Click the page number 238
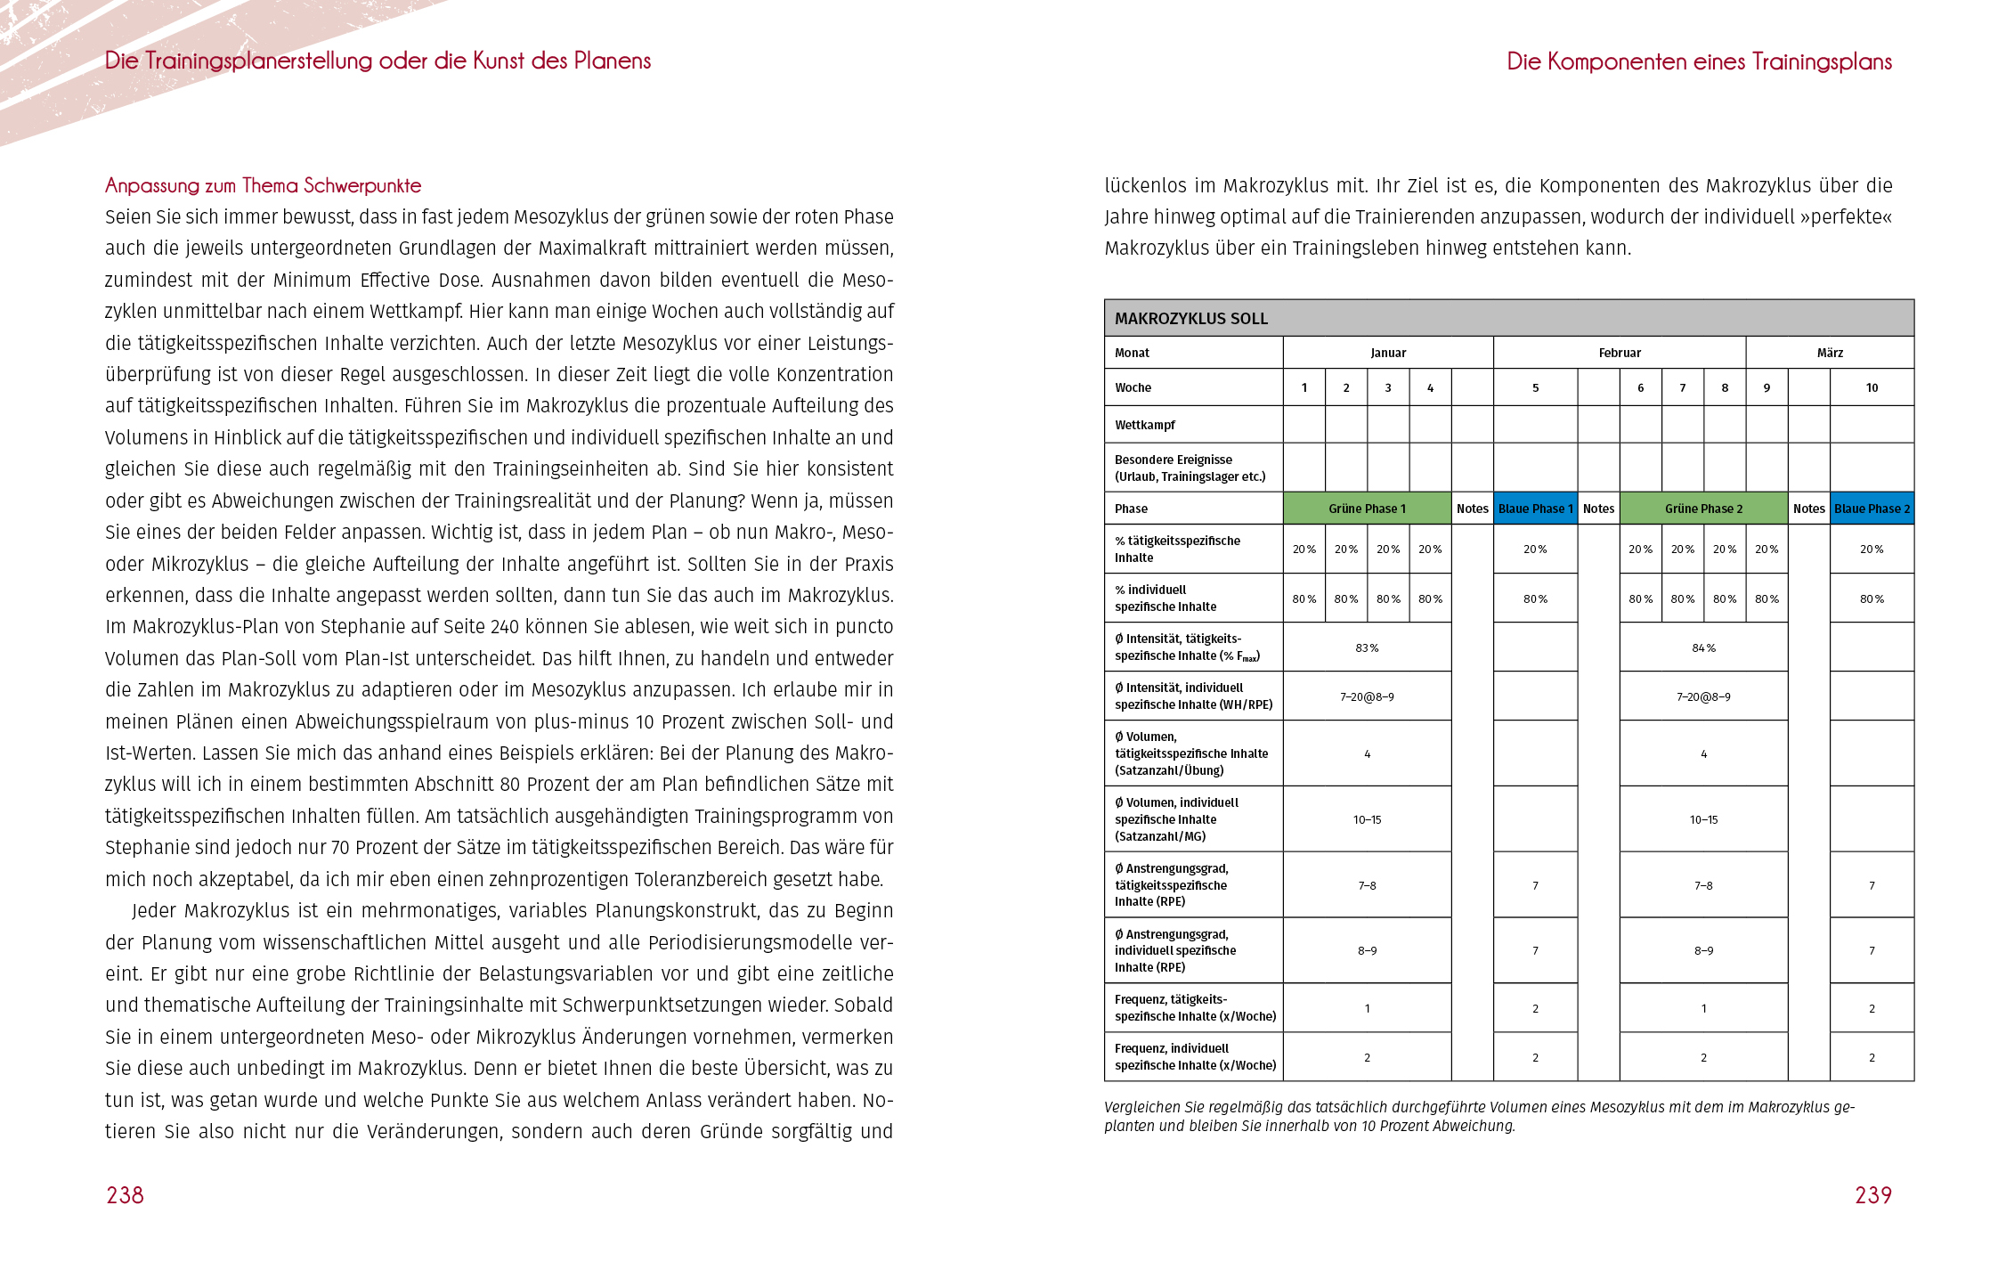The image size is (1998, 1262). [125, 1195]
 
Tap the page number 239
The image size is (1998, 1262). [1872, 1195]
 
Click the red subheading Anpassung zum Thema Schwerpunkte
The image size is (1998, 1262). [263, 185]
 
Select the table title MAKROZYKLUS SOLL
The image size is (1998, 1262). [1190, 319]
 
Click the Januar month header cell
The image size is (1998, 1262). [1388, 353]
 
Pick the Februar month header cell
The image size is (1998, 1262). [1619, 353]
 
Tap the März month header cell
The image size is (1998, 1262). [1830, 353]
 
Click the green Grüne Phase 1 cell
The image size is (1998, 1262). [1367, 509]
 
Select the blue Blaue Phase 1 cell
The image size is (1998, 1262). [1535, 509]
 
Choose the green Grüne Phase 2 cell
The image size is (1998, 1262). [1703, 509]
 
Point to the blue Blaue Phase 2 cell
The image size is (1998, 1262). [1872, 509]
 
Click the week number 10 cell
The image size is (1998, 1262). [1872, 387]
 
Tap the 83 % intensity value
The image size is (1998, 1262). [1367, 647]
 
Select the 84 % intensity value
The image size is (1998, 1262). [1703, 647]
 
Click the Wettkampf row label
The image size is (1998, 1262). [1145, 425]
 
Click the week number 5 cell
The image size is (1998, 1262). [1535, 387]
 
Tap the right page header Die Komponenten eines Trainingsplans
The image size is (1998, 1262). [1699, 61]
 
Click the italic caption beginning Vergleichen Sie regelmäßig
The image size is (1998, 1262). [1478, 1116]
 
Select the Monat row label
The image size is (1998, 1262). [1132, 353]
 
